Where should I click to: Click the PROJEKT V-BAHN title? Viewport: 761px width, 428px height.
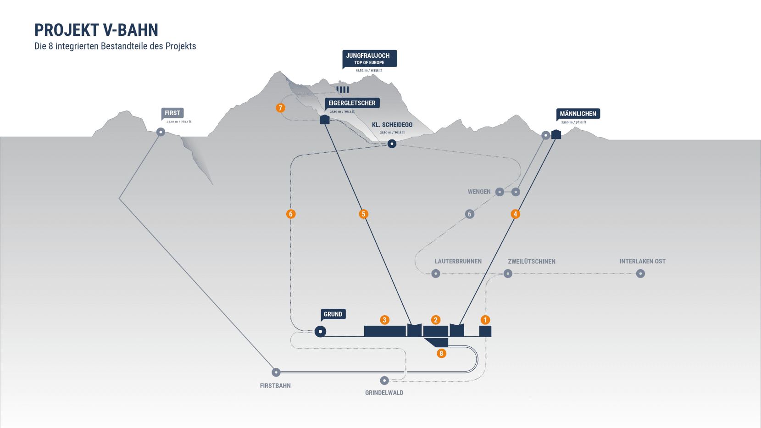pyautogui.click(x=96, y=30)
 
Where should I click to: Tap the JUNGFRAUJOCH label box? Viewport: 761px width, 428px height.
pyautogui.click(x=369, y=58)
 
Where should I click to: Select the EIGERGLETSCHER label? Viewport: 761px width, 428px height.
pyautogui.click(x=352, y=103)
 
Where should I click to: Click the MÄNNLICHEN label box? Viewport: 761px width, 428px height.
pyautogui.click(x=578, y=114)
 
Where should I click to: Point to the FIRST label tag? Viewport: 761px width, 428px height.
pyautogui.click(x=172, y=113)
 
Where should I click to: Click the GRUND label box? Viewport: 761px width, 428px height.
pyautogui.click(x=333, y=314)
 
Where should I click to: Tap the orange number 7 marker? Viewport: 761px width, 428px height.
pyautogui.click(x=281, y=108)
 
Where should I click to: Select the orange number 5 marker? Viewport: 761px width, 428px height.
pyautogui.click(x=364, y=214)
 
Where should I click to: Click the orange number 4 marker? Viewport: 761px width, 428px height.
pyautogui.click(x=516, y=214)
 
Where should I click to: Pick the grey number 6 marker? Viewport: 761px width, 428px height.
pyautogui.click(x=469, y=214)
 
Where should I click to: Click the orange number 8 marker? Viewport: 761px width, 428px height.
pyautogui.click(x=441, y=353)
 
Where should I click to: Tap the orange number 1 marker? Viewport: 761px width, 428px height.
pyautogui.click(x=485, y=320)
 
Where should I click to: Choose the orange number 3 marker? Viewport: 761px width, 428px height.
pyautogui.click(x=385, y=320)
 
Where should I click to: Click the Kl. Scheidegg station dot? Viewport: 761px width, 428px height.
pyautogui.click(x=392, y=144)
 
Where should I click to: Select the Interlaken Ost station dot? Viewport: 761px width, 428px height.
pyautogui.click(x=641, y=274)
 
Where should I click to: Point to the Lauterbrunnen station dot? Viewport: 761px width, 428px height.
pyautogui.click(x=436, y=274)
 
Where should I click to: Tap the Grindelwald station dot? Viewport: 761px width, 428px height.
pyautogui.click(x=384, y=380)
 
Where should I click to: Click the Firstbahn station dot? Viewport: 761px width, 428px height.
pyautogui.click(x=276, y=372)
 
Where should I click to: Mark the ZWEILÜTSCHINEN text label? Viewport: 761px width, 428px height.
pyautogui.click(x=532, y=261)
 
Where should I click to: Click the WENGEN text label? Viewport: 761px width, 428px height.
pyautogui.click(x=479, y=192)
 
